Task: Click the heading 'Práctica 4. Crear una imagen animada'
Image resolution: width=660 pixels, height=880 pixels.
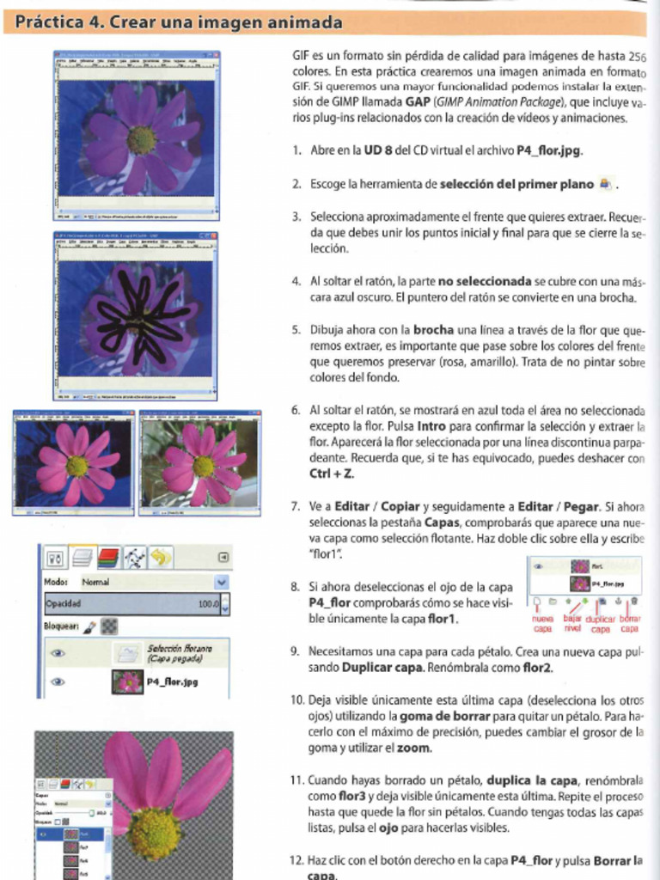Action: pos(179,21)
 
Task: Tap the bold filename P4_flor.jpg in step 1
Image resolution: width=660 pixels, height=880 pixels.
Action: pos(549,150)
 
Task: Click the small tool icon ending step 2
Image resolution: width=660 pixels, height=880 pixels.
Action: pos(606,183)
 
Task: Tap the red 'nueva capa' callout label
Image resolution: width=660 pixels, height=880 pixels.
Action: pos(543,623)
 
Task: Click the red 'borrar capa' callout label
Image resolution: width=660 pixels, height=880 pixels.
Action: pos(630,623)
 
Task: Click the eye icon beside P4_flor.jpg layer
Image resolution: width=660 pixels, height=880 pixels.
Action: pos(58,682)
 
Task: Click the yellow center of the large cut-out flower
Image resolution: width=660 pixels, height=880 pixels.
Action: pos(155,832)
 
